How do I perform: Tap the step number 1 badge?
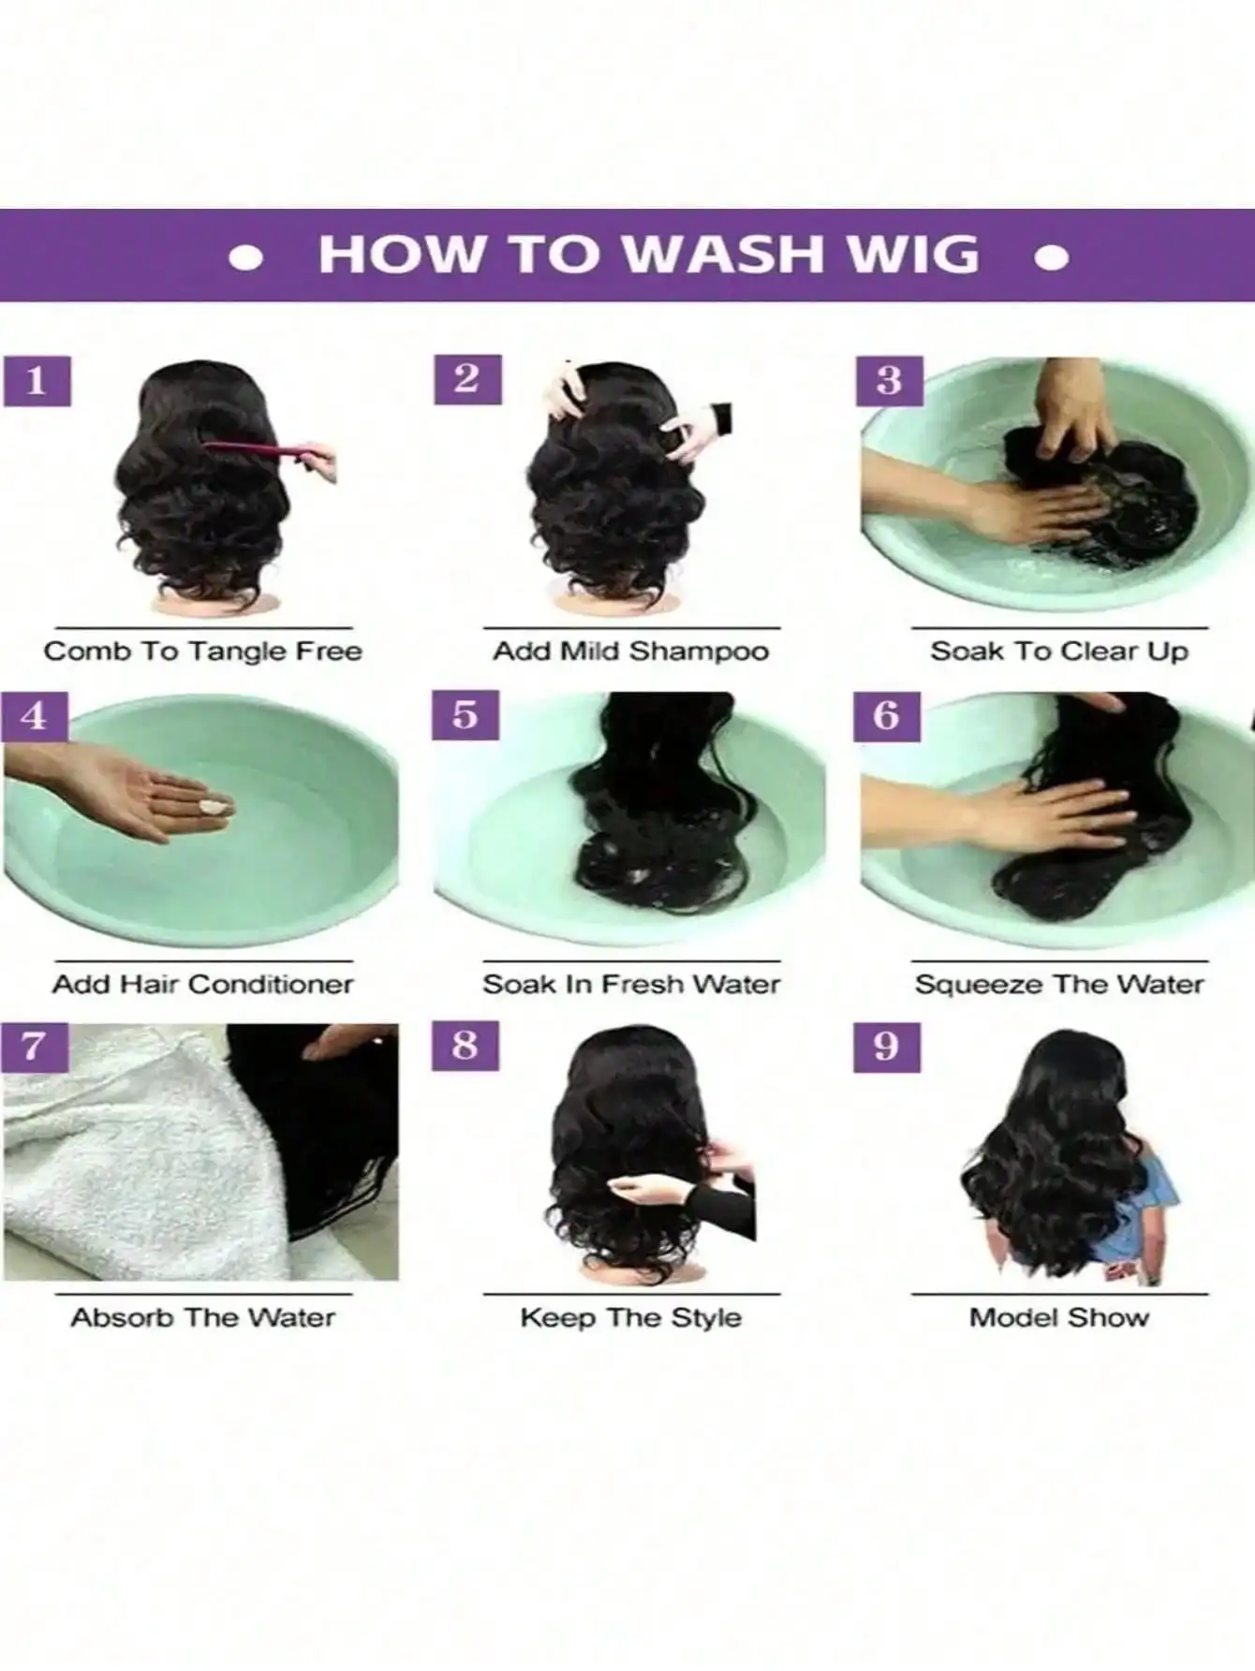tap(37, 380)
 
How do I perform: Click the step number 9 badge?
tap(887, 1046)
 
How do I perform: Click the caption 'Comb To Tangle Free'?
tap(203, 651)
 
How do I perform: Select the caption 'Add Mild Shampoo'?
tap(631, 651)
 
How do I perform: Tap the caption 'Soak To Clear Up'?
tap(1059, 651)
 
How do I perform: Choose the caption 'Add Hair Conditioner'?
tap(203, 984)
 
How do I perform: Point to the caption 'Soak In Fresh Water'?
tap(631, 984)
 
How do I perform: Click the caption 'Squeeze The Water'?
tap(1059, 984)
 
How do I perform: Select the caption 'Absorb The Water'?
tap(203, 1317)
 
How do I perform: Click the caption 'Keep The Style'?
tap(631, 1317)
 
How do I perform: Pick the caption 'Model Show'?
tap(1059, 1317)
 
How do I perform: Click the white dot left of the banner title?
tap(245, 257)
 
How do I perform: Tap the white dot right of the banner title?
tap(1052, 257)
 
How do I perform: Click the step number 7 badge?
tap(36, 1046)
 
